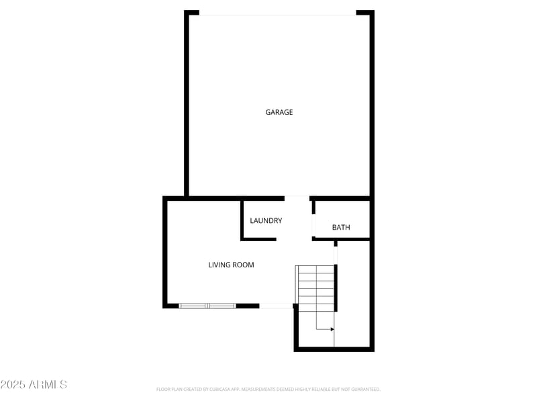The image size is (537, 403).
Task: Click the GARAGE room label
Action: pos(279,112)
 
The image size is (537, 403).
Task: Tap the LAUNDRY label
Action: pos(266,220)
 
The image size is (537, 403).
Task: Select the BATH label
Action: pos(341,228)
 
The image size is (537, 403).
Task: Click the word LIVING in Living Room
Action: pos(219,265)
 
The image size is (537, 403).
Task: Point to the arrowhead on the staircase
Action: pos(332,329)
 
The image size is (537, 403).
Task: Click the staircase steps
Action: pos(315,287)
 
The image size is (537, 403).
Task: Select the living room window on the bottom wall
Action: pos(207,306)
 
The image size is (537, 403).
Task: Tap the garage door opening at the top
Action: pos(278,13)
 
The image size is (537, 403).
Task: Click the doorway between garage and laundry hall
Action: pos(297,198)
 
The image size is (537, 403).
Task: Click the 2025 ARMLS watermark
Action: pos(34,385)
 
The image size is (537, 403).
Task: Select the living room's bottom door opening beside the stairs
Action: pos(276,306)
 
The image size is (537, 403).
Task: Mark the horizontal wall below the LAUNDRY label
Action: pos(259,238)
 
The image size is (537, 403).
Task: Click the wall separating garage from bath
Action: pos(341,198)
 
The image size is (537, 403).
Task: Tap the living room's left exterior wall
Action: pos(164,252)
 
